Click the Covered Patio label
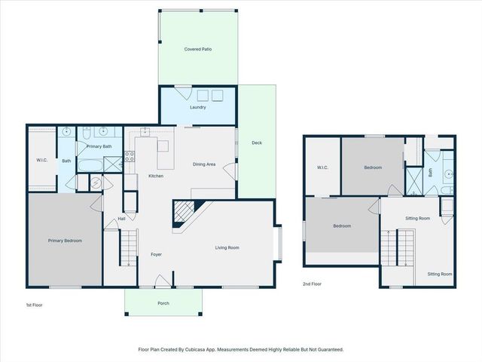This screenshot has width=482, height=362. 198,49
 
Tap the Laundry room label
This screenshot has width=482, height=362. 198,107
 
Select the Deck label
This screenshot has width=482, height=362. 257,143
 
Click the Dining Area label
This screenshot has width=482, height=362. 204,164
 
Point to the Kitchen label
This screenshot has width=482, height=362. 156,176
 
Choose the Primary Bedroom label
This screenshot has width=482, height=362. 65,241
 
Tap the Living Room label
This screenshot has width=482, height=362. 227,247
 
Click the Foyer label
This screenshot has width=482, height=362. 156,254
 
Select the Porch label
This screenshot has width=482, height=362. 163,303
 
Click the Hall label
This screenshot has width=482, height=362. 121,219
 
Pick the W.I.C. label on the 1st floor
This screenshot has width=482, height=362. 42,159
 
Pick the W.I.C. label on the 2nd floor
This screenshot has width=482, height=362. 322,167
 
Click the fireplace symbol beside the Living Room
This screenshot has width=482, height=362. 183,213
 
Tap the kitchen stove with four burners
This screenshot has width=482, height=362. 129,158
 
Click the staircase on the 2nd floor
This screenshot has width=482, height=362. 397,247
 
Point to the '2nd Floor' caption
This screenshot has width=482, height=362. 312,284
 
